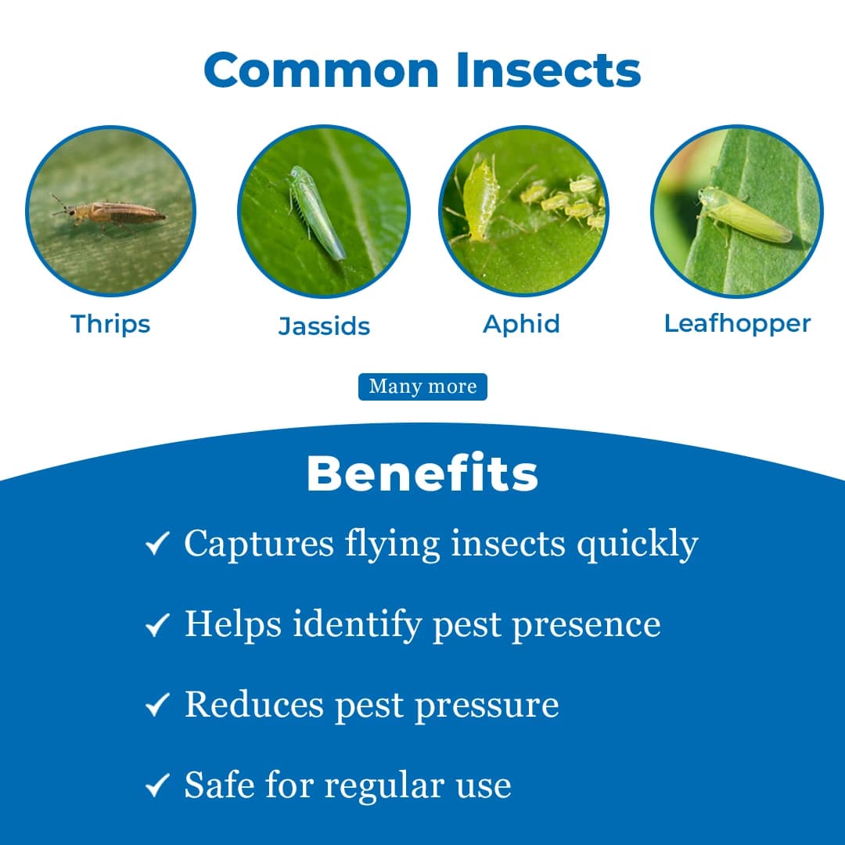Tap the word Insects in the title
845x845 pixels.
[548, 70]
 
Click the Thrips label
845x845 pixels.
[110, 323]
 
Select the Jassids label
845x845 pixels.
[324, 325]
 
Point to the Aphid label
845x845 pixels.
[521, 323]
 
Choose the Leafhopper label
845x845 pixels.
[737, 323]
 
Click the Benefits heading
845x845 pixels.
[422, 473]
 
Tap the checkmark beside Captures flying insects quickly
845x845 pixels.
[158, 543]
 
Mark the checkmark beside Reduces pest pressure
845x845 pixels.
[158, 705]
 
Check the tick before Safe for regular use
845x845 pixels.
[158, 786]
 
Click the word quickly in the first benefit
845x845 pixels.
[637, 545]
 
